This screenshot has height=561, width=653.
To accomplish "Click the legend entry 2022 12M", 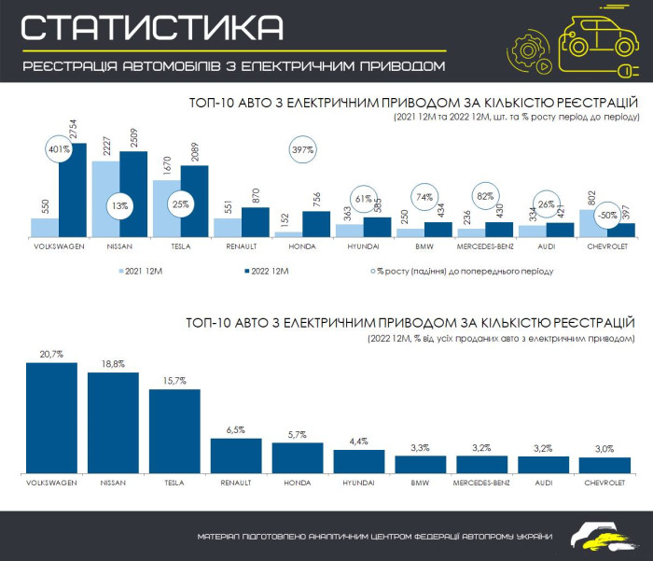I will pyautogui.click(x=265, y=272).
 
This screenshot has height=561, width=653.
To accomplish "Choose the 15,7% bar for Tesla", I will pyautogui.click(x=174, y=430).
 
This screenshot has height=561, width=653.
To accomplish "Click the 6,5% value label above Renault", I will pyautogui.click(x=236, y=429).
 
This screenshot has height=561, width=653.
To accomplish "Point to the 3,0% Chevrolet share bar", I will pyautogui.click(x=604, y=465).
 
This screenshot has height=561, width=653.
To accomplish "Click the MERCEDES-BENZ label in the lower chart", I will pyautogui.click(x=481, y=484).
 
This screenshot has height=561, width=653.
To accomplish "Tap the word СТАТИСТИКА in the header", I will pyautogui.click(x=152, y=28).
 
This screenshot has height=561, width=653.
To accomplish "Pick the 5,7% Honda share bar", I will pyautogui.click(x=298, y=457).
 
